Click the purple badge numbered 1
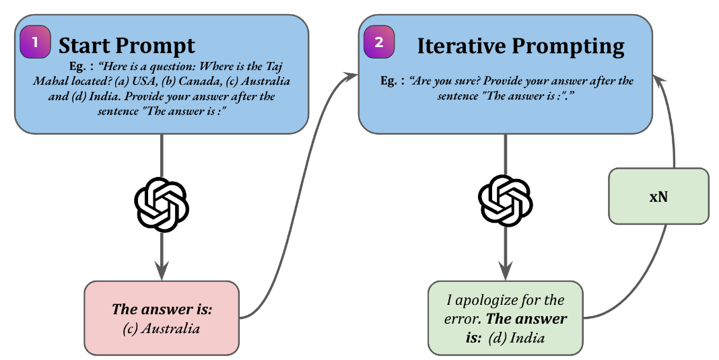[x=35, y=42]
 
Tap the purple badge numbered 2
[x=378, y=42]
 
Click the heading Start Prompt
[x=127, y=45]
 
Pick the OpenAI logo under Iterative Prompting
[x=505, y=200]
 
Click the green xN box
[x=658, y=196]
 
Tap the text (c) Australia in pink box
[x=162, y=329]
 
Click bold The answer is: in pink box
[x=162, y=310]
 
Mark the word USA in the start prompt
[x=139, y=81]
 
